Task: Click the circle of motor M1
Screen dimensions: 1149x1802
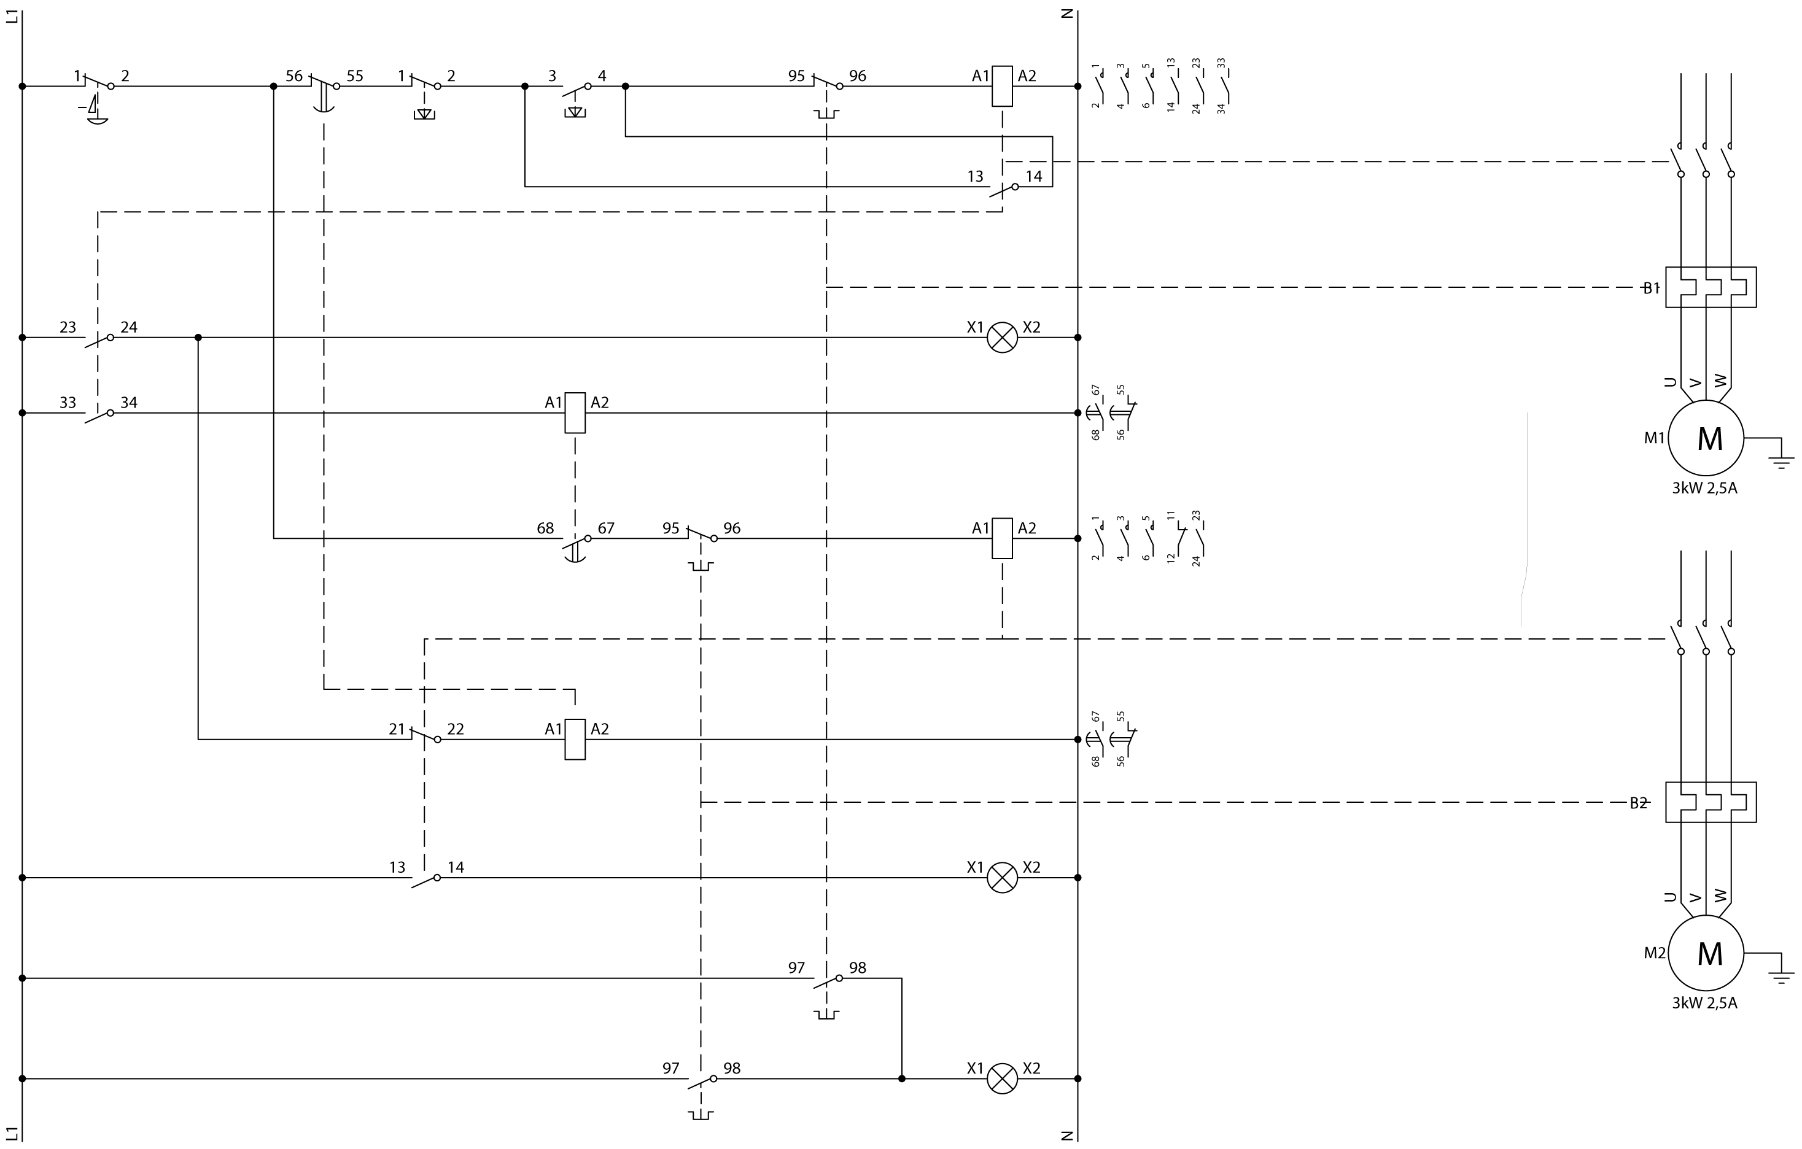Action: [1709, 438]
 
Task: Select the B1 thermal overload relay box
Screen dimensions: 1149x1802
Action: [1711, 287]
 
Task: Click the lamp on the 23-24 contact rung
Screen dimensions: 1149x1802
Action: [1002, 338]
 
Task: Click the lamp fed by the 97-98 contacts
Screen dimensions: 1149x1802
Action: [1002, 1078]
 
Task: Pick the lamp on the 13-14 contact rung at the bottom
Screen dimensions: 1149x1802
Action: [1002, 878]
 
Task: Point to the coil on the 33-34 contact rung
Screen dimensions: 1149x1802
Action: [575, 413]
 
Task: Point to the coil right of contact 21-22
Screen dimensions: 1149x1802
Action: [575, 739]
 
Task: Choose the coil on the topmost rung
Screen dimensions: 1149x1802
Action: [1002, 86]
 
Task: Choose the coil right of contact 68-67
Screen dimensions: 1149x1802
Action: [1002, 538]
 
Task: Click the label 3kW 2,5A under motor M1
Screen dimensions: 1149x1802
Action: [1705, 489]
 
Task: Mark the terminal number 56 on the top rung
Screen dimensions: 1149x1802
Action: [294, 76]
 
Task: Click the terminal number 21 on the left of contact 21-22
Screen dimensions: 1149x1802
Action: [397, 729]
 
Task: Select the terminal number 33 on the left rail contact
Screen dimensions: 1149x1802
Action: [68, 403]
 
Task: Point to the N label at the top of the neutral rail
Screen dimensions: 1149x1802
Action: [1068, 14]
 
